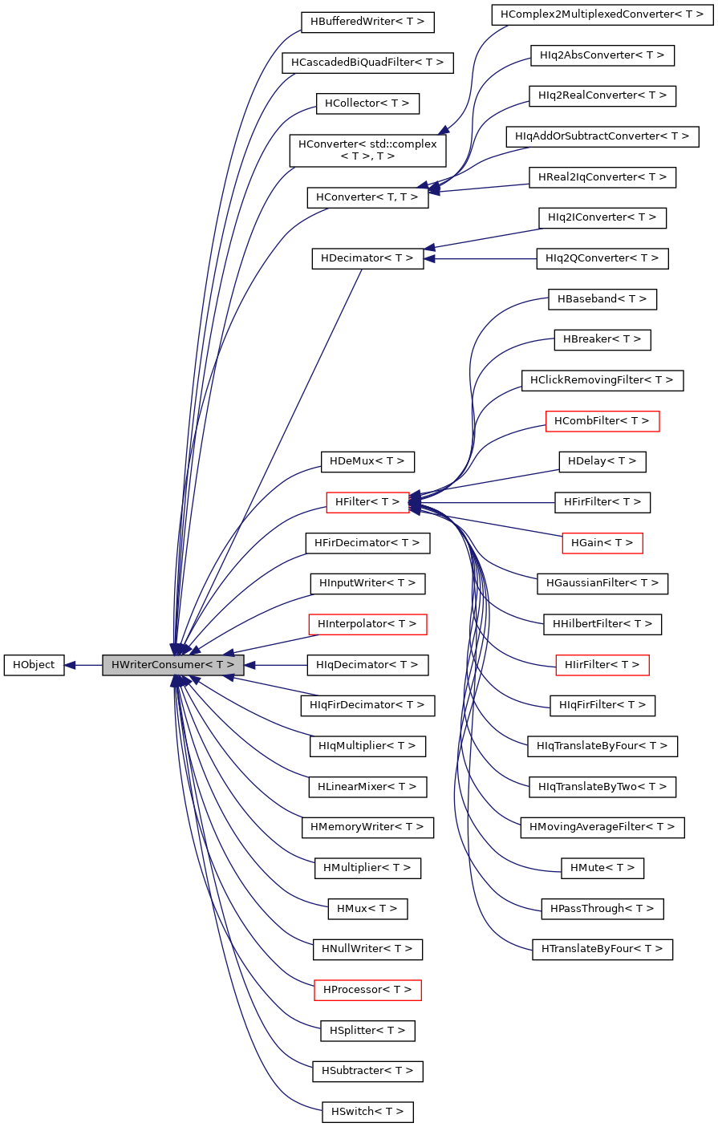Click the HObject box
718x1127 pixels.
click(34, 665)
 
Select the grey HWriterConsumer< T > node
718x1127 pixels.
click(172, 665)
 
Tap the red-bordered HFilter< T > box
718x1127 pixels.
click(367, 502)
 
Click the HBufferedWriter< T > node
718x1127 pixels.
click(367, 22)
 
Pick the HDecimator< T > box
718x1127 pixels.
click(367, 258)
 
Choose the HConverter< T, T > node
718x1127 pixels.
click(367, 197)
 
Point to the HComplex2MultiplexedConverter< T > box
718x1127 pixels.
click(602, 14)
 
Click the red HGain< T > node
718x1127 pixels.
click(602, 543)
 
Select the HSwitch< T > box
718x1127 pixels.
click(367, 1112)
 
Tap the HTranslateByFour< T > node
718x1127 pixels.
click(602, 949)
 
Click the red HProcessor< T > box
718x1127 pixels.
click(367, 990)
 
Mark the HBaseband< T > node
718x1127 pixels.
click(602, 299)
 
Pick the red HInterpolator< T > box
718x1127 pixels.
click(367, 624)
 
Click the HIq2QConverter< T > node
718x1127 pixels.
click(602, 258)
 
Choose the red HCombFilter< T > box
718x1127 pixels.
click(602, 421)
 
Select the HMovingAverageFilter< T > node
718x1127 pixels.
click(602, 827)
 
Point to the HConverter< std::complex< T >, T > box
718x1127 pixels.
click(367, 150)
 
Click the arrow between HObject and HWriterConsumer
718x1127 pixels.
click(83, 665)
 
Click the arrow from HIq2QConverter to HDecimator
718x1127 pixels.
click(481, 258)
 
